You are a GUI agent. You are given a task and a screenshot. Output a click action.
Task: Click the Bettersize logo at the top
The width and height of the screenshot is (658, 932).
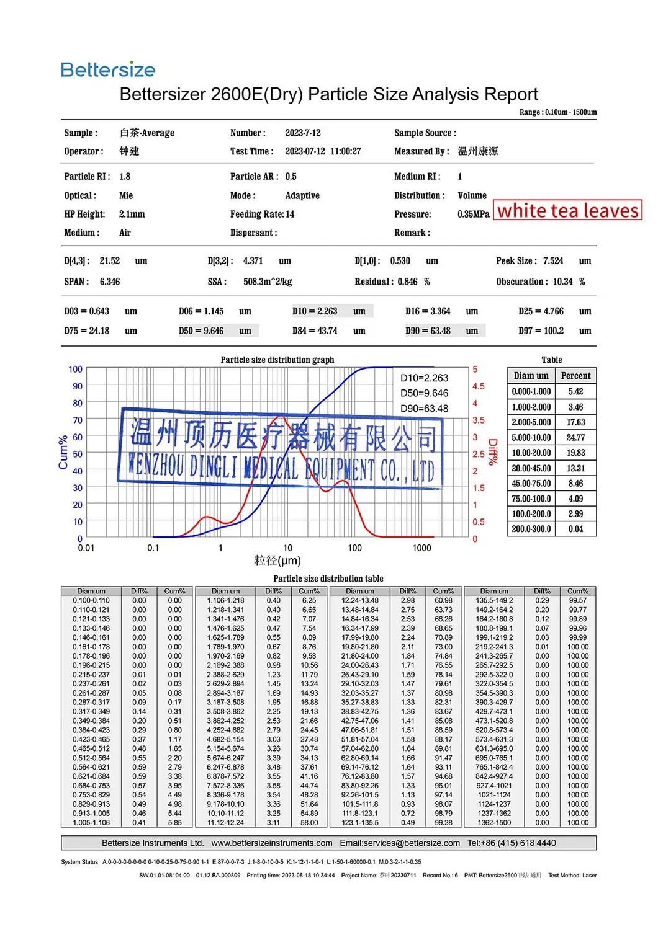point(108,69)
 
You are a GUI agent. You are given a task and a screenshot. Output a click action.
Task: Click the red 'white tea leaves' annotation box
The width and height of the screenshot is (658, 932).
point(567,210)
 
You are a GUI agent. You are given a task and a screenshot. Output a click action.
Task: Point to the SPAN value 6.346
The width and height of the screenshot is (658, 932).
point(110,282)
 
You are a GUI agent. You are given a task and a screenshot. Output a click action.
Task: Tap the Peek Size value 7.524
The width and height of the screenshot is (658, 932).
point(553,261)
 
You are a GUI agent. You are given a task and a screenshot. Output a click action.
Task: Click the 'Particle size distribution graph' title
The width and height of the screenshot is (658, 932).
point(277,360)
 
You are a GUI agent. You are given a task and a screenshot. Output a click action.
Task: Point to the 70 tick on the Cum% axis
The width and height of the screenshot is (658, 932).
point(78,420)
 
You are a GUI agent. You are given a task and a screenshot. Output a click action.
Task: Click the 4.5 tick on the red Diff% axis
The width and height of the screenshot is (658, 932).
point(478,386)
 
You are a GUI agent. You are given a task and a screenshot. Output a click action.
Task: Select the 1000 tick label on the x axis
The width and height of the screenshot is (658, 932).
point(421,548)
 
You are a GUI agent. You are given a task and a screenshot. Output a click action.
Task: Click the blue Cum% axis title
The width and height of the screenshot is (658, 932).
point(63,452)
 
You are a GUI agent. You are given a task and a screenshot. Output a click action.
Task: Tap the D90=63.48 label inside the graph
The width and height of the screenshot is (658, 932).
point(424,409)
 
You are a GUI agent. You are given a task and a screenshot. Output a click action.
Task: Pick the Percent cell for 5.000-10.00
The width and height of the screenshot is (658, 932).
point(575,438)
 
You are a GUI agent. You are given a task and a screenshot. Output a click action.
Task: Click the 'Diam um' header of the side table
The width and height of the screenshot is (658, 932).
point(531,376)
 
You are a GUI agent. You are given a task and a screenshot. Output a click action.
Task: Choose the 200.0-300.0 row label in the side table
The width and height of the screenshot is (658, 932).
point(531,530)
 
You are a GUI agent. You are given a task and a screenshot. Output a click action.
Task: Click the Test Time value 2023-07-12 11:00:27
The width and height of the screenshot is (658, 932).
point(323,151)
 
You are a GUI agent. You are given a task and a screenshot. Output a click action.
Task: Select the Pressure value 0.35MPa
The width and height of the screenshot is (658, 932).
point(474,215)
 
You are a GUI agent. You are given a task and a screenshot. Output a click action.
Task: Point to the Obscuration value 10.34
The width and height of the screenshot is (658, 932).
point(563,282)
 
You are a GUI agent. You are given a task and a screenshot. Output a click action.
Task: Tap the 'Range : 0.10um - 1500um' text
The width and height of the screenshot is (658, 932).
point(558,112)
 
